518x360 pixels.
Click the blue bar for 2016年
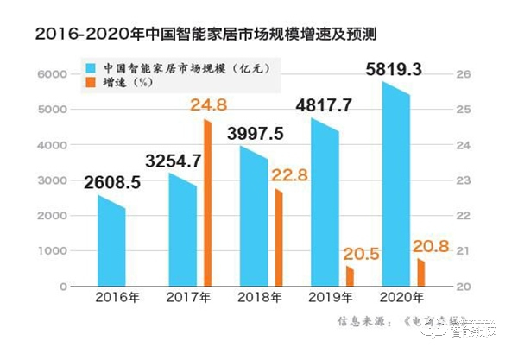[x=111, y=243]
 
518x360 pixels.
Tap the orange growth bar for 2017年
[x=207, y=204]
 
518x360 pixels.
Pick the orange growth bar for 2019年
[x=350, y=276]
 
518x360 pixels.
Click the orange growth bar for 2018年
[x=278, y=238]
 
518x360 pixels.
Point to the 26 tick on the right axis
[x=462, y=75]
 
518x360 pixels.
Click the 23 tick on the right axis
[x=462, y=180]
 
